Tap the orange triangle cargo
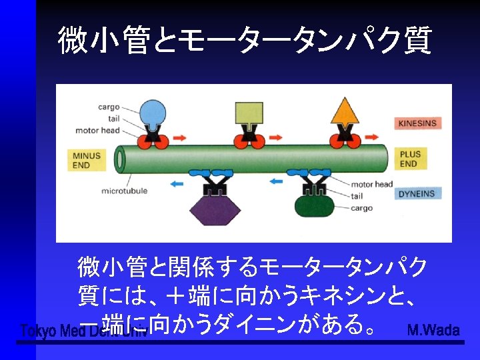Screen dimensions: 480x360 (x=345, y=112)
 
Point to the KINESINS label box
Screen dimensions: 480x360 (x=418, y=123)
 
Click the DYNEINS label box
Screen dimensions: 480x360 (x=417, y=194)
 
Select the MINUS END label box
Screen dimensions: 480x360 (x=87, y=160)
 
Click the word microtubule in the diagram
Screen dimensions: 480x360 (x=124, y=191)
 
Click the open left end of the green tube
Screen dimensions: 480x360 (x=121, y=160)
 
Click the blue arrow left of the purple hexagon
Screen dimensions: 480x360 (x=176, y=181)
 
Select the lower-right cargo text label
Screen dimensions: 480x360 (x=363, y=208)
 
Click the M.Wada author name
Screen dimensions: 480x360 (x=433, y=330)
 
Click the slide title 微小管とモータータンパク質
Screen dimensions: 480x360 (x=245, y=41)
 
